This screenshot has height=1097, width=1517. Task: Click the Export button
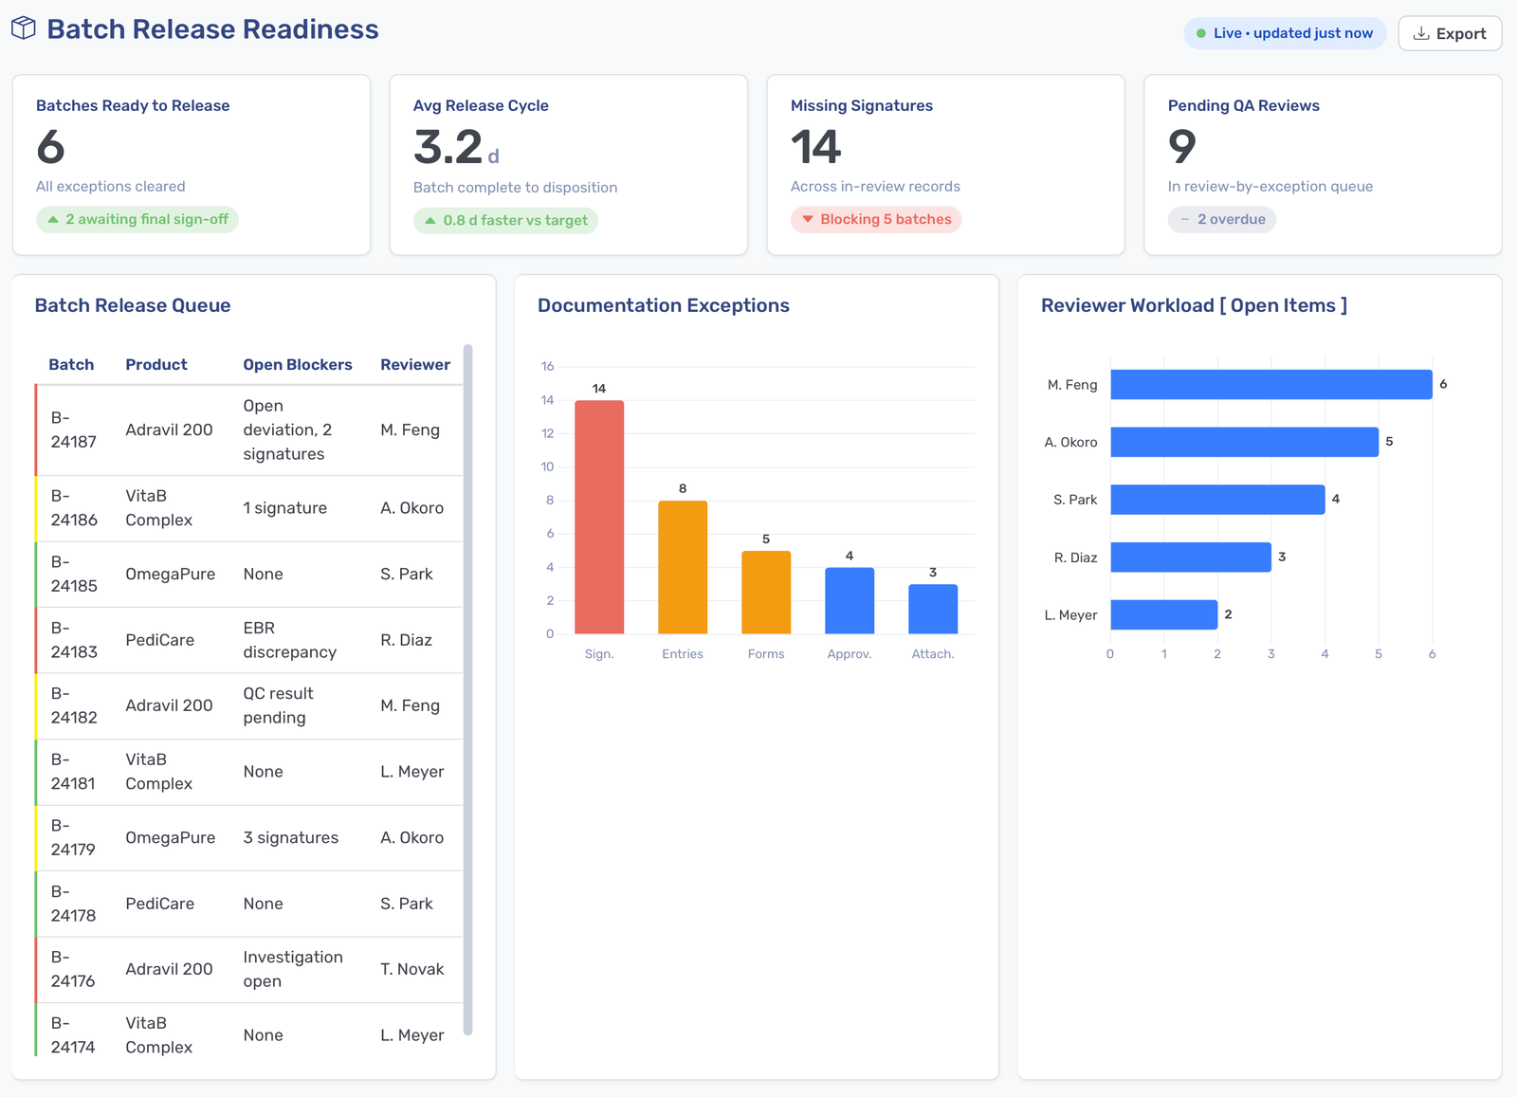point(1450,33)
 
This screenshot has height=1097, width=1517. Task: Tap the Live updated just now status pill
point(1284,33)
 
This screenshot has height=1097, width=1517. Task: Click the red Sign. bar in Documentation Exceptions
point(599,517)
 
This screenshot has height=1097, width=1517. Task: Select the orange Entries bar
point(683,567)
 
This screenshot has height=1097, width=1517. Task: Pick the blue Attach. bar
point(933,609)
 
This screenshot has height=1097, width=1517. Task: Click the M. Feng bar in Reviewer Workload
point(1271,384)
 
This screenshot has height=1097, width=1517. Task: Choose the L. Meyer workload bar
point(1163,614)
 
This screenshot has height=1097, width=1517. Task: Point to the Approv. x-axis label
point(850,653)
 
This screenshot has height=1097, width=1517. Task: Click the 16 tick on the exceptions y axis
point(547,366)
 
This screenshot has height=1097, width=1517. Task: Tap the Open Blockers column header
point(298,364)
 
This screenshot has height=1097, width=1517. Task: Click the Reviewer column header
point(415,364)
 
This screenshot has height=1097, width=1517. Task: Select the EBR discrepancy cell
point(290,640)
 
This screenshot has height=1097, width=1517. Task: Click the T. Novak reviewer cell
point(411,969)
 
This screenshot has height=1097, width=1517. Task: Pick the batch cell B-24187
point(73,430)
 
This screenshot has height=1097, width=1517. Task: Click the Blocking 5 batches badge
point(876,219)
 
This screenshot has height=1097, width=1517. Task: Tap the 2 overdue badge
point(1222,219)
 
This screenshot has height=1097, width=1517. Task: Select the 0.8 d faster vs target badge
point(505,220)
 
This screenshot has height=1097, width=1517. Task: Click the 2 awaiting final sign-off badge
point(137,219)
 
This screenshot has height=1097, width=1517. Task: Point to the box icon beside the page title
point(24,28)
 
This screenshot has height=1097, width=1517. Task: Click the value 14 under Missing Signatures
point(815,146)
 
